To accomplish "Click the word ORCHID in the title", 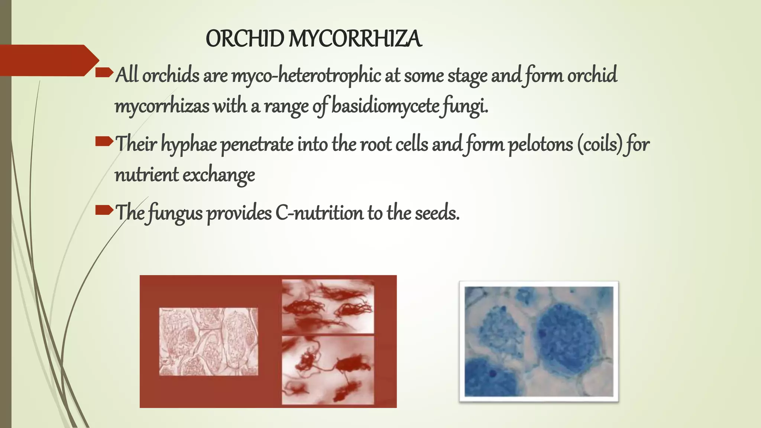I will (245, 39).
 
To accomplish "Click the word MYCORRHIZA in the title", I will (355, 39).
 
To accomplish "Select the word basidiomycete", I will (385, 106).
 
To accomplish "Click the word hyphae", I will (189, 145).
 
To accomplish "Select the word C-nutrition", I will (319, 213).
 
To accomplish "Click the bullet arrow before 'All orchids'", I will (104, 72).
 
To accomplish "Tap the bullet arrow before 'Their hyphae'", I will (104, 141).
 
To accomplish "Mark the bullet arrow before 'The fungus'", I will (104, 210).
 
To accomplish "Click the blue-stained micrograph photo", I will (539, 341).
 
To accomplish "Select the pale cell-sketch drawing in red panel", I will (208, 341).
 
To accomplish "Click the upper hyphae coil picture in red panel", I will (328, 307).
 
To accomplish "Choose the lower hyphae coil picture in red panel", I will (328, 370).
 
